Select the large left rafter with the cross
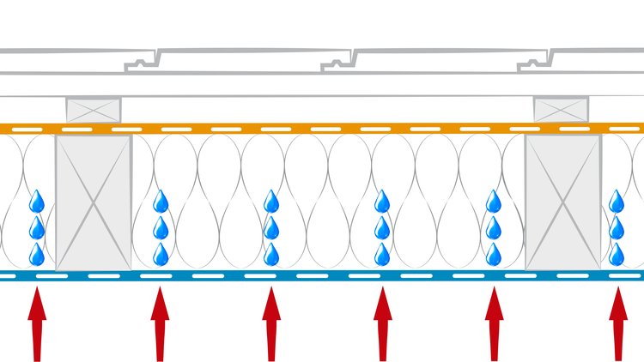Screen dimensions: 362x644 click(94, 202)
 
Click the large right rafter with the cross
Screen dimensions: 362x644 click(562, 202)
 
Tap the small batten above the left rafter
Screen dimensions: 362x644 click(94, 110)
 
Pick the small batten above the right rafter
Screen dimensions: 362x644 click(562, 110)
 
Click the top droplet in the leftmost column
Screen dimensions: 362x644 click(37, 202)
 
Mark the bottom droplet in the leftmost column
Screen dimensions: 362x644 click(37, 254)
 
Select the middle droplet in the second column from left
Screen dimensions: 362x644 click(160, 228)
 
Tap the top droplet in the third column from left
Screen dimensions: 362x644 click(271, 202)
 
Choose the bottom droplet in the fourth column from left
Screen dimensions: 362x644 click(383, 254)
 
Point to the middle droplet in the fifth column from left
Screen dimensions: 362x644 click(494, 228)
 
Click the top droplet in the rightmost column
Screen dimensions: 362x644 click(617, 202)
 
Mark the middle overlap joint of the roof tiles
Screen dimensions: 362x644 click(339, 62)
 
